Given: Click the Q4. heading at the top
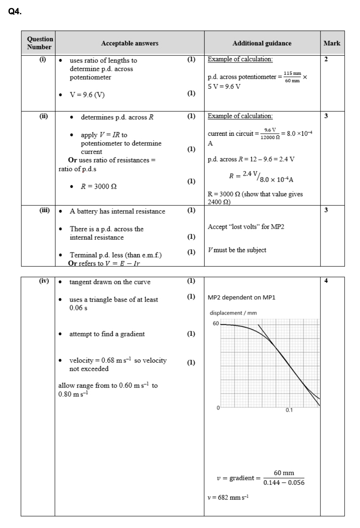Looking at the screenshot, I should [15, 12].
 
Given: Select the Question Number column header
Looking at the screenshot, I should [40, 43].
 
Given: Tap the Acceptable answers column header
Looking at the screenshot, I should [129, 43].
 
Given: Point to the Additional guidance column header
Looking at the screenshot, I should [261, 43].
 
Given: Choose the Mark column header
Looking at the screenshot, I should [332, 43].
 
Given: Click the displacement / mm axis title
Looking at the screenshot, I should [233, 313].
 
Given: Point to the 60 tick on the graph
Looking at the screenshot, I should [216, 323].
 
